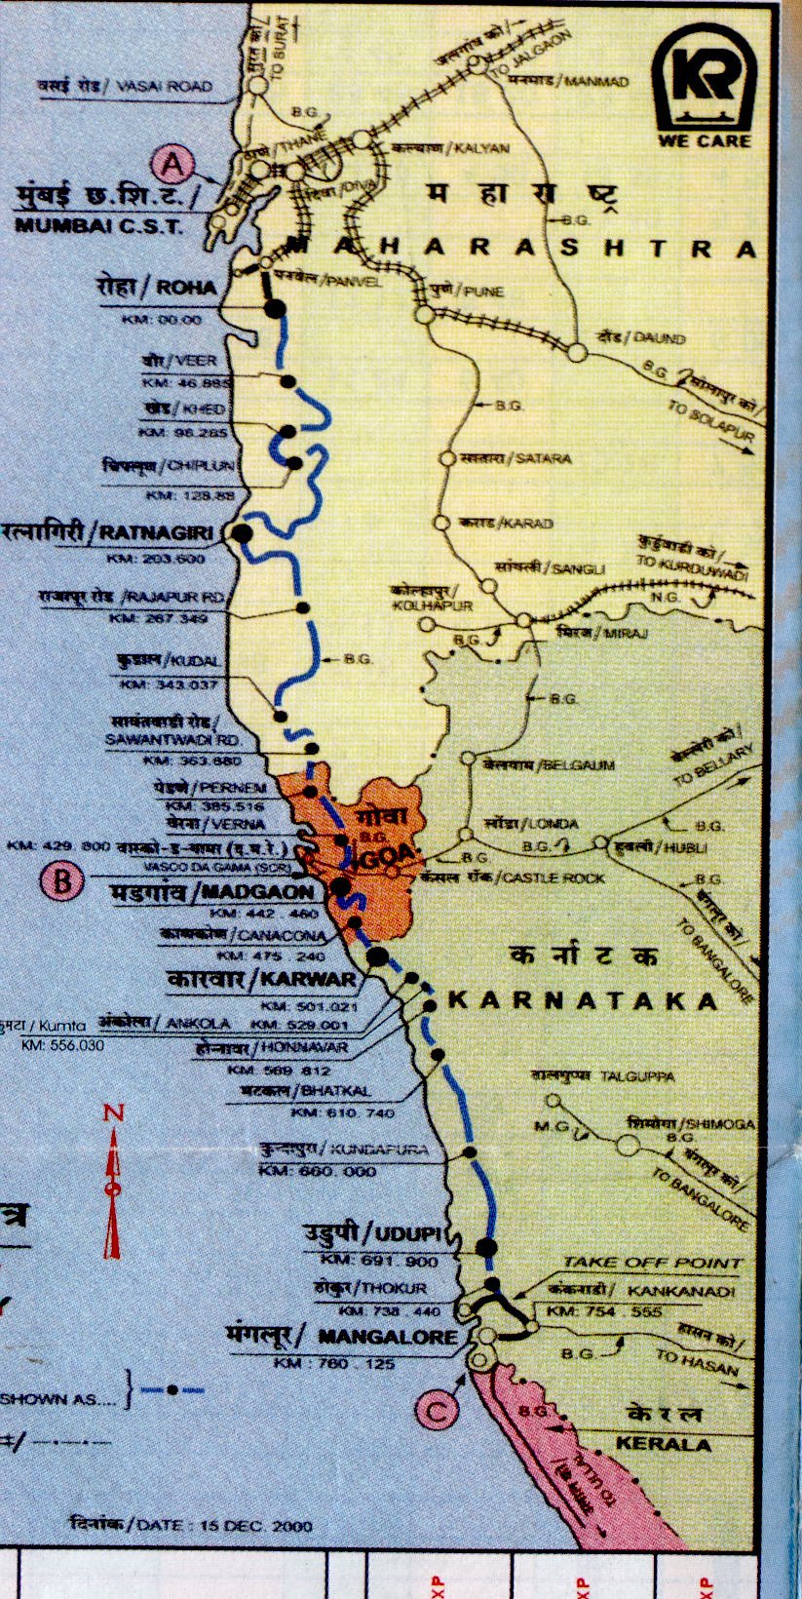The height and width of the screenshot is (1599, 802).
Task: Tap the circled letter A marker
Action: (x=173, y=165)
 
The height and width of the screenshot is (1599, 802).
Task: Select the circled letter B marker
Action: (x=62, y=882)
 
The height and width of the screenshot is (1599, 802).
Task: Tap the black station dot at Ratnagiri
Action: (x=241, y=533)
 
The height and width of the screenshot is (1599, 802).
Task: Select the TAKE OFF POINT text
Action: (x=652, y=1263)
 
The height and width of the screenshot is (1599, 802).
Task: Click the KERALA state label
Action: (x=663, y=1444)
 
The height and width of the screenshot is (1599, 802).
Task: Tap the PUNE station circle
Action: (x=424, y=314)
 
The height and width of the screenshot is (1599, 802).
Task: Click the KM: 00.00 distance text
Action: (x=162, y=320)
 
